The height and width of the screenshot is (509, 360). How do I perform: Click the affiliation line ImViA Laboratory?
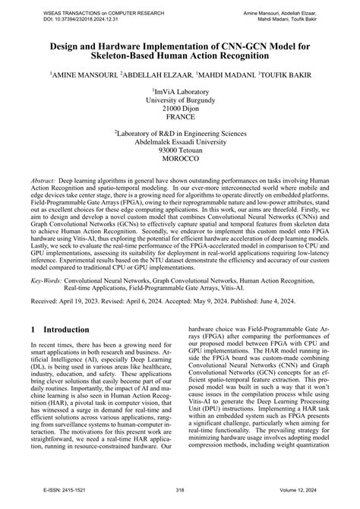coord(180,90)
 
